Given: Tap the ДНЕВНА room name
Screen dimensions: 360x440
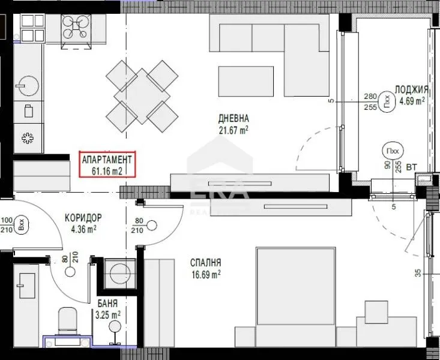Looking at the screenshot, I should coord(234,118).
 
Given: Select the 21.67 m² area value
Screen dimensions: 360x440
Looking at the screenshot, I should coord(234,130).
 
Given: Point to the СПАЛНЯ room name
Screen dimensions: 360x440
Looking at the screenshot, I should coord(206,263).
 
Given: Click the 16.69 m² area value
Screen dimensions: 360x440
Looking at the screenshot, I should coord(206,274).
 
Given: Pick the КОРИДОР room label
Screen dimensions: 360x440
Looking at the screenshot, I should coord(83,217).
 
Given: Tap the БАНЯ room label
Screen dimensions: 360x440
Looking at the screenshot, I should coord(107,304).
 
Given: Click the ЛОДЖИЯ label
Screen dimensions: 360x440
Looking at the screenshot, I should coord(411,89).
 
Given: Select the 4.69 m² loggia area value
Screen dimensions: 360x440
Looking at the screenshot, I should coord(411,101).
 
